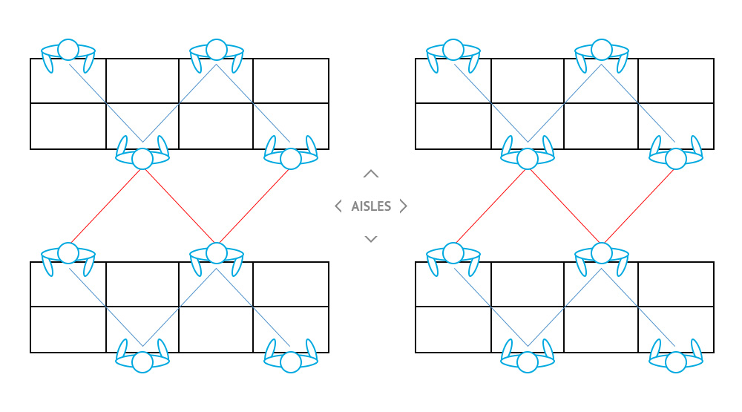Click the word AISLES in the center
click(371, 206)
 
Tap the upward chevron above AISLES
click(371, 174)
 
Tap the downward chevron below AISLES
click(371, 239)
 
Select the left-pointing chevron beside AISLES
click(338, 206)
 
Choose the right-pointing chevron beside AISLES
click(403, 206)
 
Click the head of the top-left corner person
click(68, 49)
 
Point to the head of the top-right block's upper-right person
click(602, 49)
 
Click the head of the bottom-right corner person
click(676, 362)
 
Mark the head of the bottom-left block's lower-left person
click(142, 362)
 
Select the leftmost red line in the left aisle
click(105, 206)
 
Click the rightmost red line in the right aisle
click(639, 206)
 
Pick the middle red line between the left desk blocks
click(180, 206)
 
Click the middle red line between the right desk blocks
click(565, 206)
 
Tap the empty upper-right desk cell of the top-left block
click(291, 80)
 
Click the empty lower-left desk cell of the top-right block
click(453, 126)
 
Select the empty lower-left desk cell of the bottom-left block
click(68, 330)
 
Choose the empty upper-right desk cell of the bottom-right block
click(676, 284)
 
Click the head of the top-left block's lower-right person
click(291, 159)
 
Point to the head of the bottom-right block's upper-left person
click(453, 253)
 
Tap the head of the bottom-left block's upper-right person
click(216, 253)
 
